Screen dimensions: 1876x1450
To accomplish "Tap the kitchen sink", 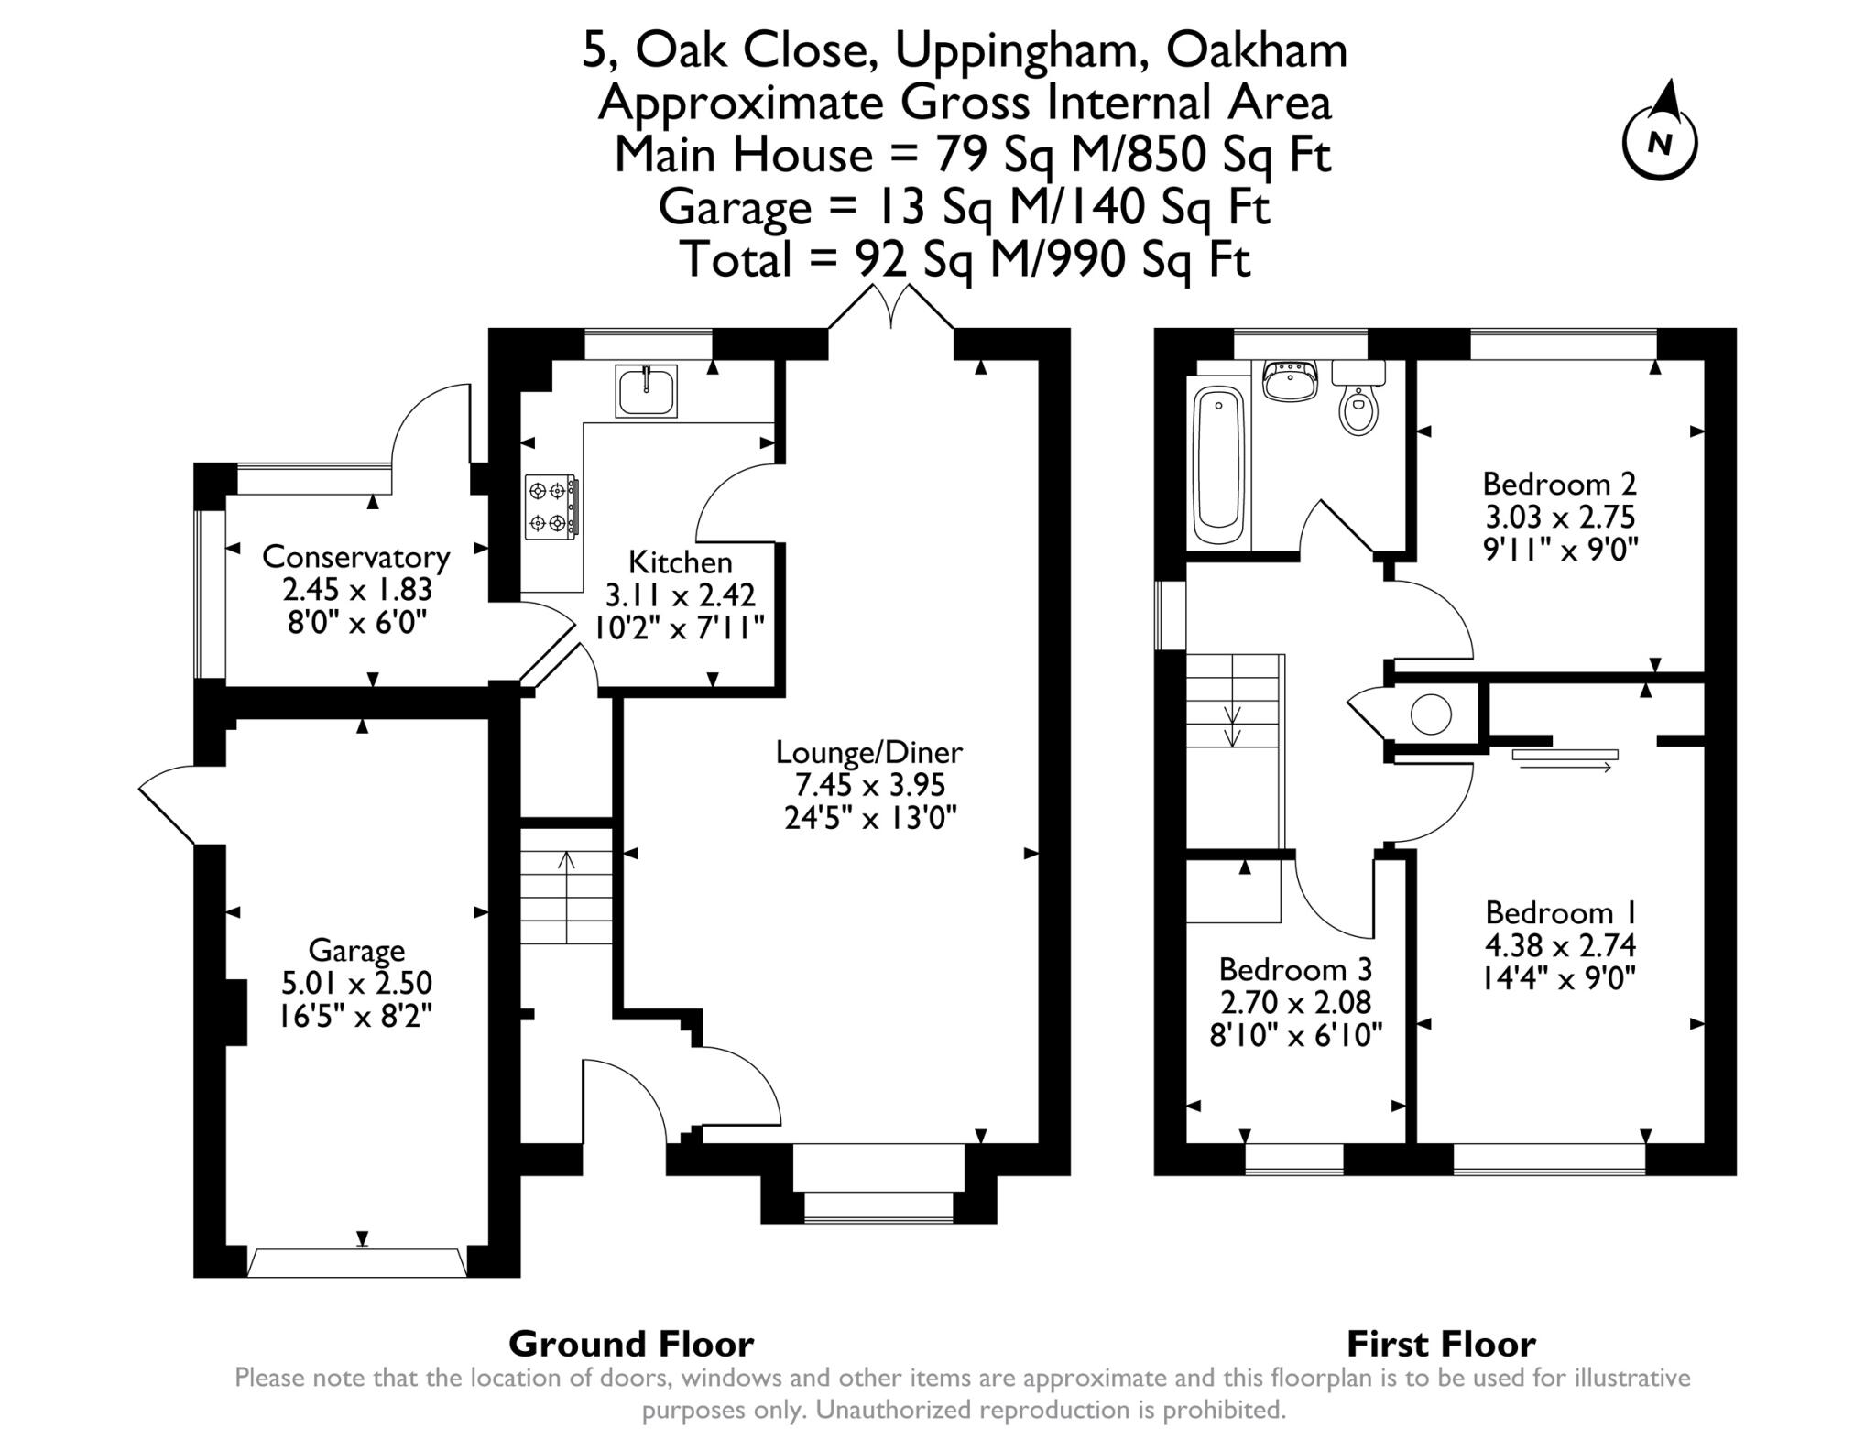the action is click(x=647, y=390).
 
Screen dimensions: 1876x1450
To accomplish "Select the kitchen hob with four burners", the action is click(x=551, y=507).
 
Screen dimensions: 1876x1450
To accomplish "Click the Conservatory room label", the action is click(x=355, y=557).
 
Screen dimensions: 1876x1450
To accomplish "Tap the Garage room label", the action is click(x=356, y=951).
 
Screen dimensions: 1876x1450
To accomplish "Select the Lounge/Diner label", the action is click(x=869, y=753).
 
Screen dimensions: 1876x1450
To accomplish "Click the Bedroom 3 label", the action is click(x=1296, y=968).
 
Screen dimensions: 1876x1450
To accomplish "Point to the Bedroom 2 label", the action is click(x=1560, y=483).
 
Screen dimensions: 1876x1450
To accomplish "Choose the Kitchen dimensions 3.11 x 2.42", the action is click(x=681, y=595).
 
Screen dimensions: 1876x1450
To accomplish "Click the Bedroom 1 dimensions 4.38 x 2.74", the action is click(x=1560, y=945).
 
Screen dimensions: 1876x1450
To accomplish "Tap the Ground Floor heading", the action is click(x=631, y=1345).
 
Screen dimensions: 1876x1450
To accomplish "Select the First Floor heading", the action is click(x=1441, y=1345).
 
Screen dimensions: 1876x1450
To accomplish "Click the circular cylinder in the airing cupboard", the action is click(x=1431, y=714).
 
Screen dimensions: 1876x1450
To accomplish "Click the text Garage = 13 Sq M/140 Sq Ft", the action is click(x=965, y=207).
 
